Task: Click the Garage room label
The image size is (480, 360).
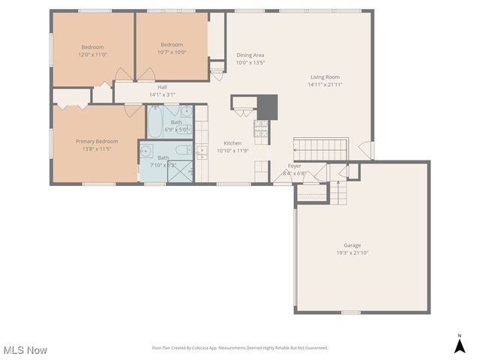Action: click(x=352, y=245)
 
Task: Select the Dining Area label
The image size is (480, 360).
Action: click(x=250, y=55)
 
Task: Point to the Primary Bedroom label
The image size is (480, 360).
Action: click(x=96, y=141)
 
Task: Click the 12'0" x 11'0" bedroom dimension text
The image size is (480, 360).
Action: click(x=93, y=55)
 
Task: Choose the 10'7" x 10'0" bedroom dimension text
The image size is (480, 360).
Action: click(x=172, y=52)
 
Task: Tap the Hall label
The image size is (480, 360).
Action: click(x=162, y=87)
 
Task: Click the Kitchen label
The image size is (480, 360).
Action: click(x=232, y=142)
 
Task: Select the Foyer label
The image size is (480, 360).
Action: click(x=295, y=166)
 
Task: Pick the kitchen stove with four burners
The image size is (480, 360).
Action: click(x=261, y=130)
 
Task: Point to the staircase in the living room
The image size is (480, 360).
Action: click(x=320, y=148)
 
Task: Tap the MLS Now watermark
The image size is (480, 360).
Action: click(x=25, y=350)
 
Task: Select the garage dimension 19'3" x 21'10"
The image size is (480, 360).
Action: click(x=352, y=253)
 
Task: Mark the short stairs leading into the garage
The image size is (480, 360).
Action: click(x=340, y=194)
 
